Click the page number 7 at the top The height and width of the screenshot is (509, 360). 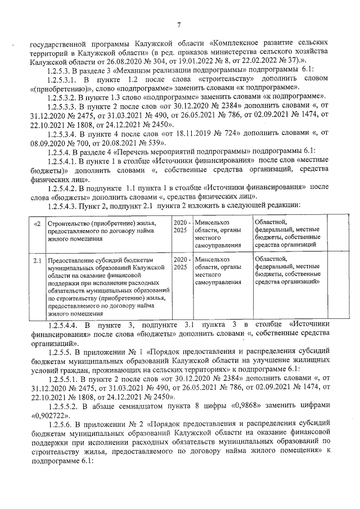179,24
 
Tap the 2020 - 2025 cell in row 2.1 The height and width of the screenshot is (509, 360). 179,263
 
